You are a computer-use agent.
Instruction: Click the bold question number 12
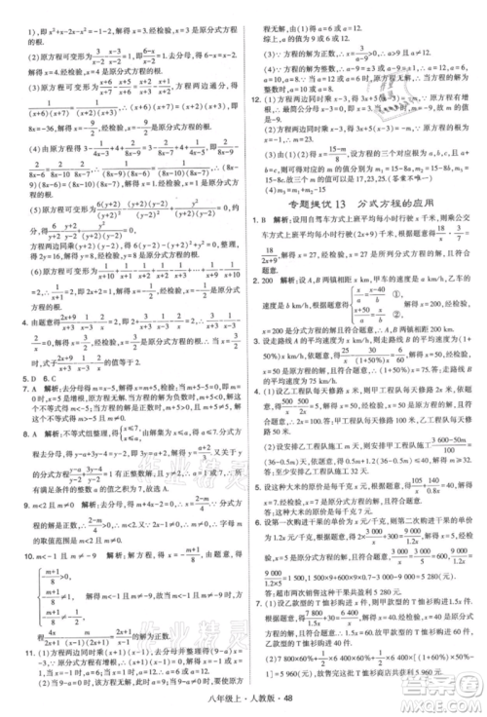pyautogui.click(x=259, y=99)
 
